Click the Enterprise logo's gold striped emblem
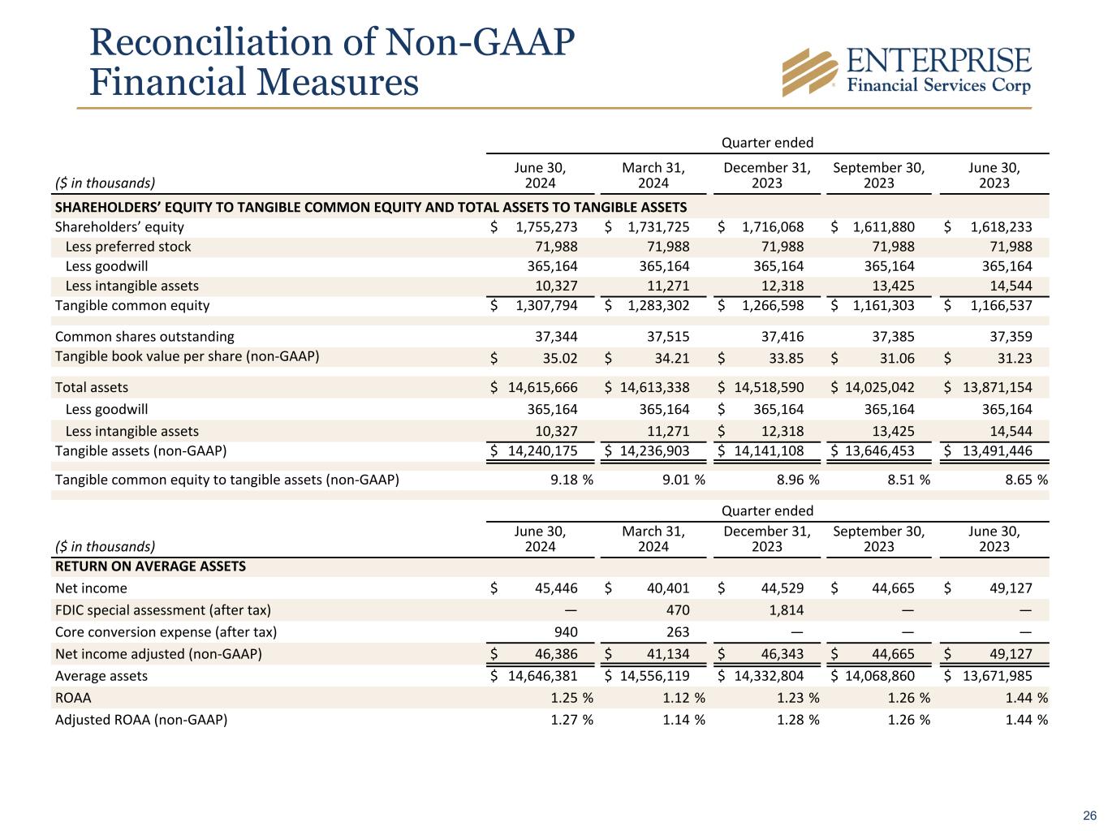pos(809,71)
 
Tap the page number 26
pos(1089,816)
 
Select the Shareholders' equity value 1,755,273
pos(546,227)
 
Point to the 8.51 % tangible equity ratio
pos(903,480)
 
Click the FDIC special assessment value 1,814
pos(785,610)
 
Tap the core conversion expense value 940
pos(565,632)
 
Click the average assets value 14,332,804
pos(769,676)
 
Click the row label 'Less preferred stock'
pos(127,247)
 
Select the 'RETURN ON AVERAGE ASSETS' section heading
pos(150,566)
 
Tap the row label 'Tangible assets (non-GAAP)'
pos(140,451)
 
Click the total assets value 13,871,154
pos(998,388)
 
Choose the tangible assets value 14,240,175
pos(542,451)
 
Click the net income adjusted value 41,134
pos(662,654)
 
